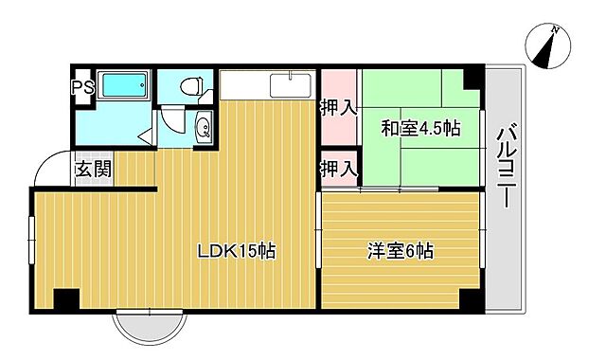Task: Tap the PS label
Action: (x=82, y=87)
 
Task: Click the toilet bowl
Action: (x=192, y=87)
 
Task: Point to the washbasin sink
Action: (x=202, y=129)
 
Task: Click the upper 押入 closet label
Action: (x=338, y=107)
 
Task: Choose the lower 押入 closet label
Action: (x=338, y=169)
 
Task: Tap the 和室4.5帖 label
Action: (x=420, y=128)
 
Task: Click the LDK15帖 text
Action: (x=236, y=251)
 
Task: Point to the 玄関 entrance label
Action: (x=93, y=171)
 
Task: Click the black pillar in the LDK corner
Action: (x=64, y=300)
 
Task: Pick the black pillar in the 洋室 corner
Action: (x=469, y=300)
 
